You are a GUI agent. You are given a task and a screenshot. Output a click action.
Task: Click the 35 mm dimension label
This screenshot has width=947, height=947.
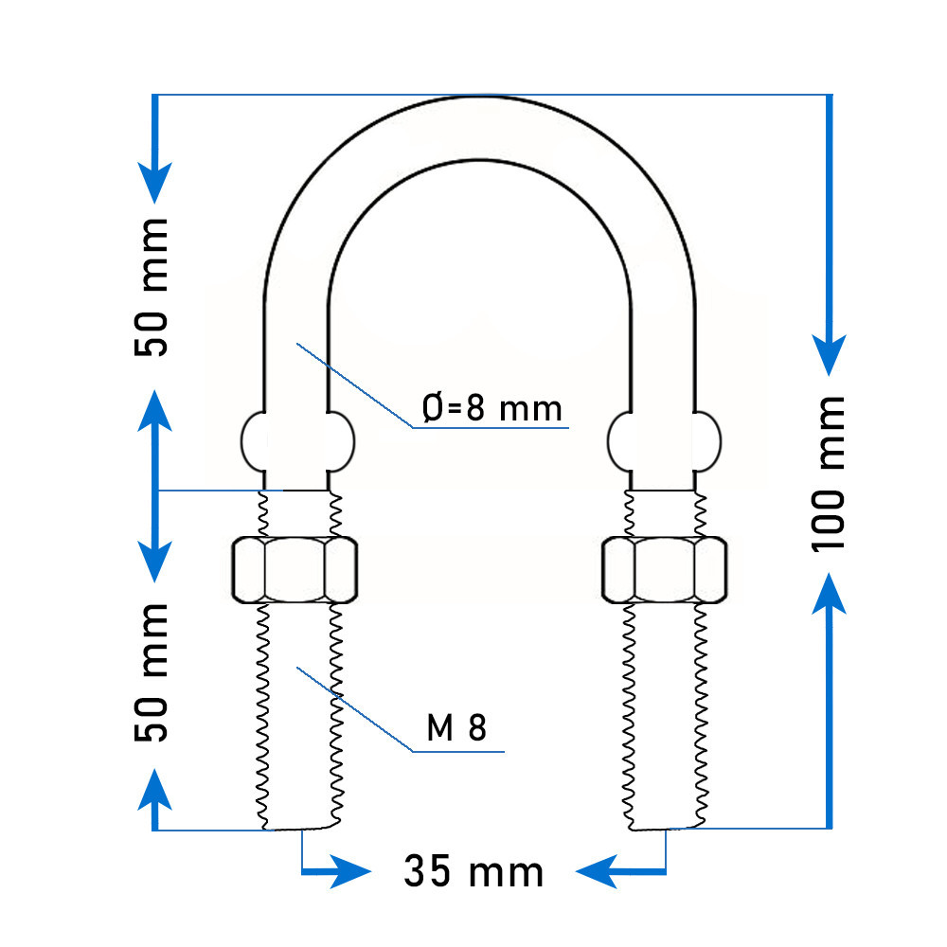pyautogui.click(x=473, y=871)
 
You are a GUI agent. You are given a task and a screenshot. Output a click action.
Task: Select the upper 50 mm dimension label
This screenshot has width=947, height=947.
pyautogui.click(x=151, y=288)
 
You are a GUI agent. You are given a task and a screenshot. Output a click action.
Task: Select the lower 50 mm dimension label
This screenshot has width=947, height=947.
pyautogui.click(x=151, y=672)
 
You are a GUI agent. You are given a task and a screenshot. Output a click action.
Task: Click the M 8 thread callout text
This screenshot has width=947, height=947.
pyautogui.click(x=456, y=727)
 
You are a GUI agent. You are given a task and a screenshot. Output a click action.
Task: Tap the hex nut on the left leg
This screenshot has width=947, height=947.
pyautogui.click(x=295, y=570)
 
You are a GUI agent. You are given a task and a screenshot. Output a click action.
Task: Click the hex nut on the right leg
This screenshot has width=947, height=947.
pyautogui.click(x=665, y=570)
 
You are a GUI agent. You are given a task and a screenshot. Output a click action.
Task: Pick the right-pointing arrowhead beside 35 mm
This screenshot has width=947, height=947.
pyautogui.click(x=350, y=871)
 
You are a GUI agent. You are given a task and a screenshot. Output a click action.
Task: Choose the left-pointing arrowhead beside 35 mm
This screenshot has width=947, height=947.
pyautogui.click(x=597, y=871)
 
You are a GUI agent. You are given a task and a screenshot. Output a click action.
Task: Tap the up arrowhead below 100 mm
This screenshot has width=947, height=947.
pyautogui.click(x=829, y=593)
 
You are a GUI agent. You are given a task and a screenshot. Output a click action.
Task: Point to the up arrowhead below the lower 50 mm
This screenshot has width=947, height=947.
pyautogui.click(x=154, y=789)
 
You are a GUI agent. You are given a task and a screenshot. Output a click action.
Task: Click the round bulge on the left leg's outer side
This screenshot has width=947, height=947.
pyautogui.click(x=253, y=441)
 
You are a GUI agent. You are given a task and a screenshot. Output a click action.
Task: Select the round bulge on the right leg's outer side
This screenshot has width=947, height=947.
pyautogui.click(x=707, y=441)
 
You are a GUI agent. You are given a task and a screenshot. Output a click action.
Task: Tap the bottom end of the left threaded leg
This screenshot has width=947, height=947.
pyautogui.click(x=300, y=829)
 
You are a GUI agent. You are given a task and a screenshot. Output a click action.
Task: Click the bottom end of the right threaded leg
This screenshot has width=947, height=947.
pyautogui.click(x=666, y=829)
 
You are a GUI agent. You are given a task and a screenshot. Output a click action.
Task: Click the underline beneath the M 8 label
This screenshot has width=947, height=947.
pyautogui.click(x=458, y=752)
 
